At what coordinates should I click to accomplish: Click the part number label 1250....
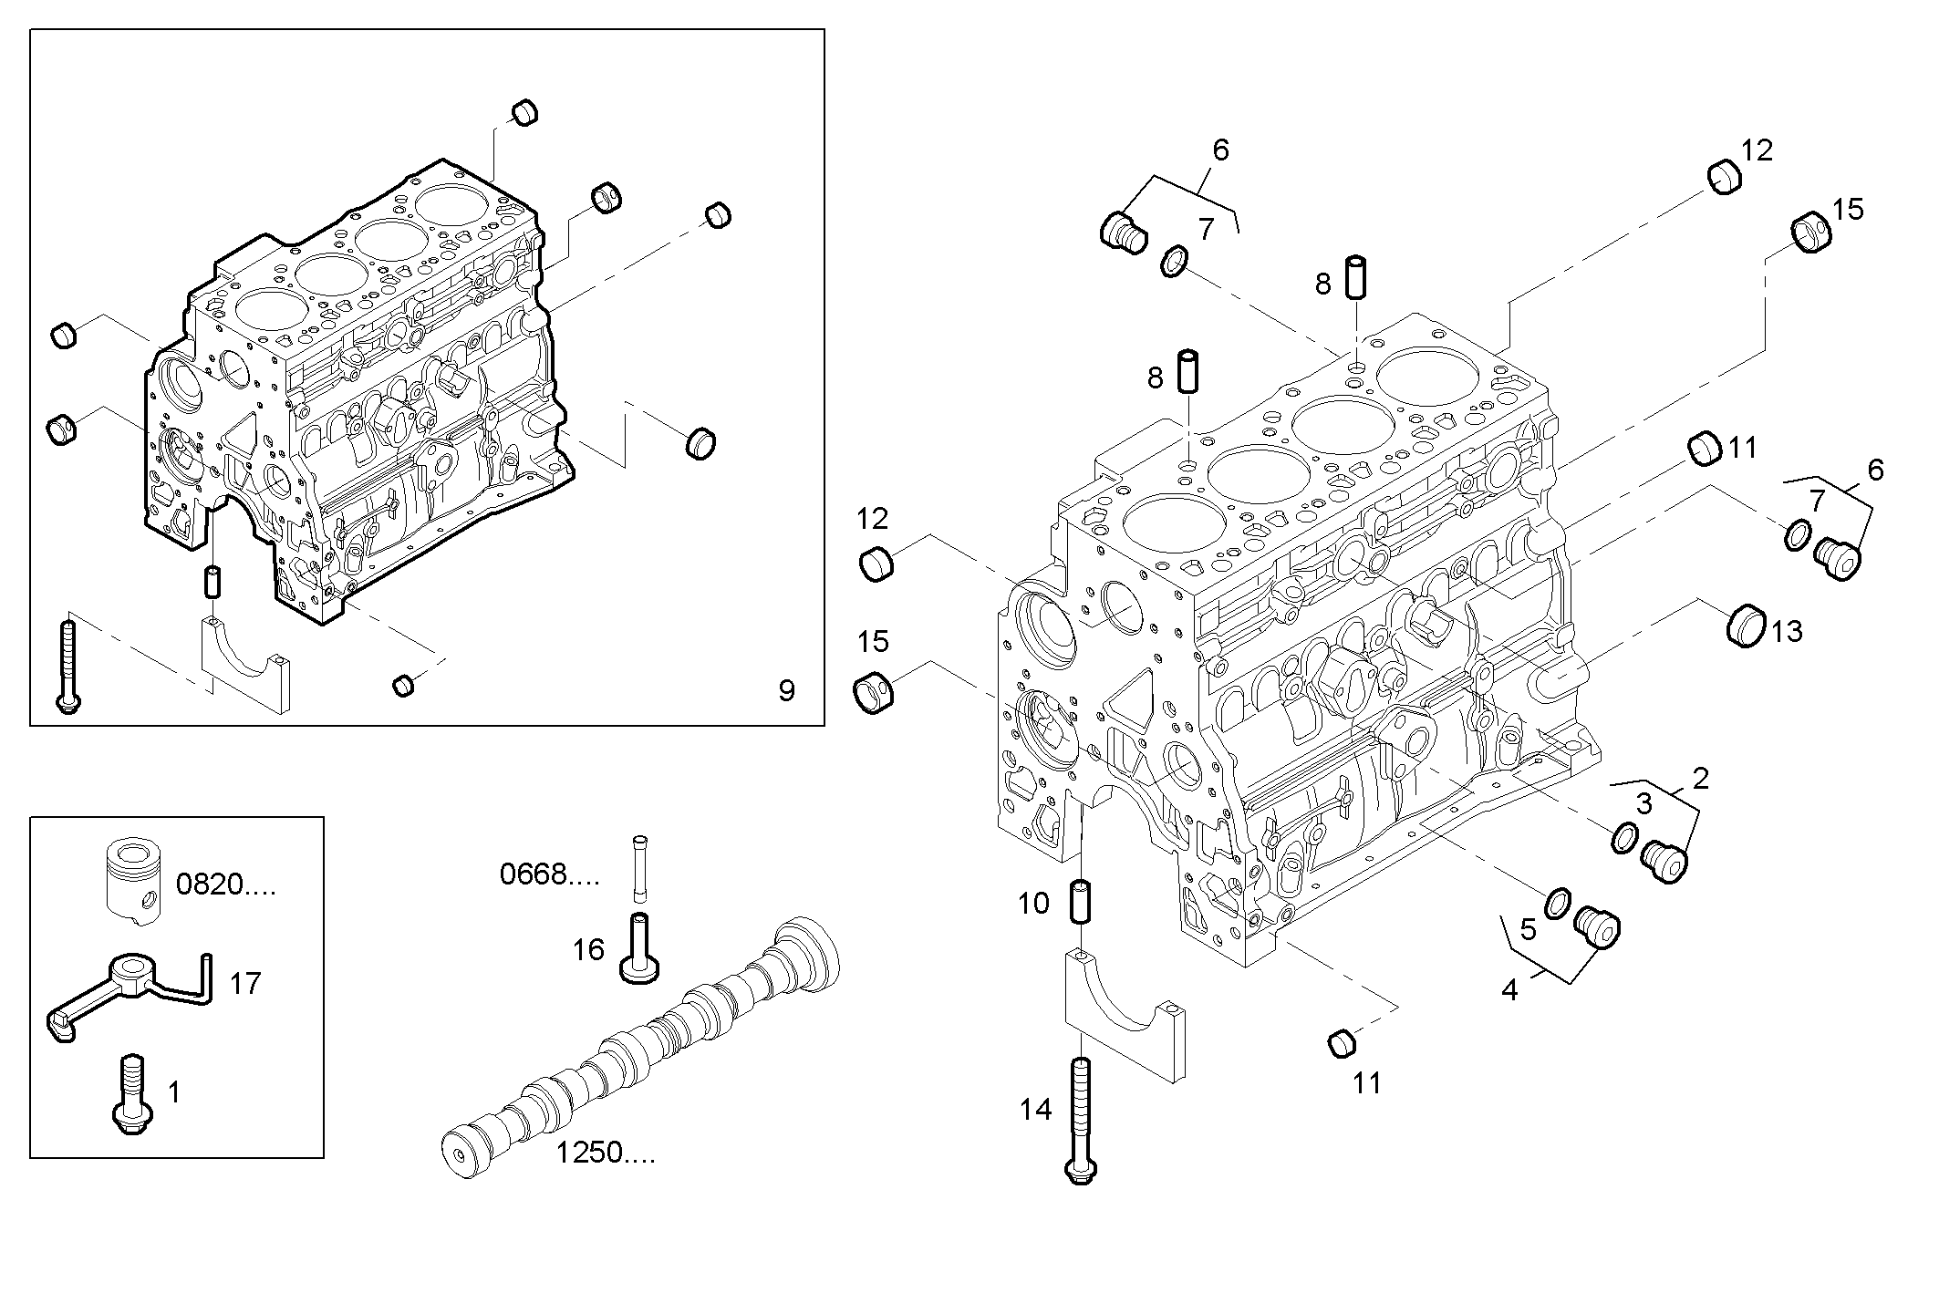tap(605, 1153)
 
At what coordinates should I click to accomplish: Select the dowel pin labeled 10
tap(1080, 902)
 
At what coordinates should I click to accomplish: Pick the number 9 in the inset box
tap(786, 690)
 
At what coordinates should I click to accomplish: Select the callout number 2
tap(1700, 778)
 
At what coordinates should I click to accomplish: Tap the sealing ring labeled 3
tap(1623, 836)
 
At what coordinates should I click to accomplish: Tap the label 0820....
tap(224, 884)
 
